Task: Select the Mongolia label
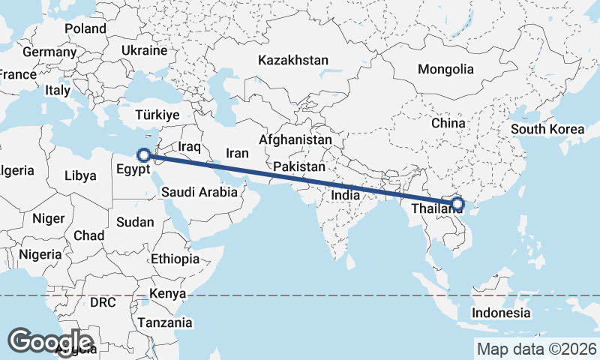tap(446, 69)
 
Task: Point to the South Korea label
tap(547, 129)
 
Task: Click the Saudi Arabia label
tap(199, 192)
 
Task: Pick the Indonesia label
tap(502, 313)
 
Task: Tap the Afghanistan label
tap(295, 139)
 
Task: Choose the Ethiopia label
tap(175, 259)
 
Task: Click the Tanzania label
tap(164, 322)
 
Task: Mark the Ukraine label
tap(143, 51)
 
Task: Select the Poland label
tap(85, 28)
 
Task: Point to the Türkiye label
tap(157, 115)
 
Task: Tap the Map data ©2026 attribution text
tap(536, 349)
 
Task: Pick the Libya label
tap(81, 176)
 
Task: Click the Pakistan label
tap(299, 166)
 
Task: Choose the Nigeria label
tap(40, 254)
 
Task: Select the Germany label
tap(49, 52)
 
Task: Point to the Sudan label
tap(135, 222)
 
